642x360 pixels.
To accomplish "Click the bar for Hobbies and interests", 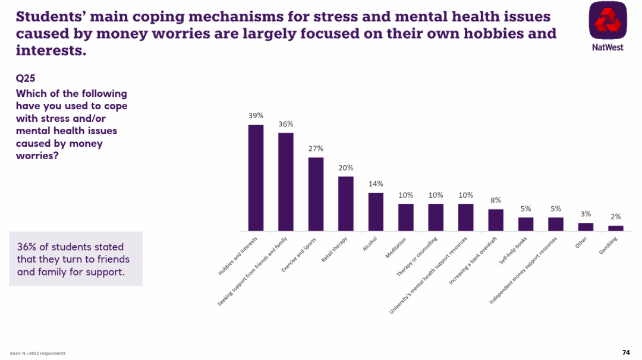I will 256,178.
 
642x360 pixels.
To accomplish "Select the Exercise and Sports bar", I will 316,194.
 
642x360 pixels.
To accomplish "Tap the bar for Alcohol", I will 376,212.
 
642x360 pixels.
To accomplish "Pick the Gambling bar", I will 616,228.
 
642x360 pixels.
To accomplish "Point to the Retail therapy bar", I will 346,204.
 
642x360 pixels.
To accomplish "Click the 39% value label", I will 256,115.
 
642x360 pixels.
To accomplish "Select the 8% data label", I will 496,200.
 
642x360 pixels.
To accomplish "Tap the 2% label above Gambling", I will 616,217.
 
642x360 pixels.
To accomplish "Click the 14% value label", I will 376,184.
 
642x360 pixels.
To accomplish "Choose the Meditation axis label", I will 396,248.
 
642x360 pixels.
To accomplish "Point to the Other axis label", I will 582,244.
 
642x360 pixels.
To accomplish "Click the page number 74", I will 625,352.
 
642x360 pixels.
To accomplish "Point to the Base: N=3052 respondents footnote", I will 38,353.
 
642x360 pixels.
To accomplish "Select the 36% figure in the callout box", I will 28,247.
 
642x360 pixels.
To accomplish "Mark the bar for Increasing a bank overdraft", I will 496,220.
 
